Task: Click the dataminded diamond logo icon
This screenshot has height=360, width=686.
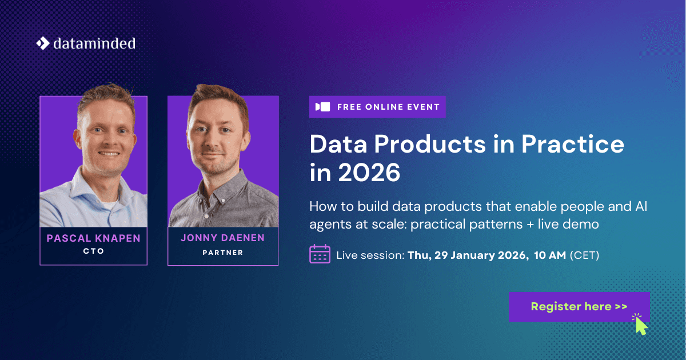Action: (43, 43)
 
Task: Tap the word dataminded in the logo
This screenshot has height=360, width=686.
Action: (94, 43)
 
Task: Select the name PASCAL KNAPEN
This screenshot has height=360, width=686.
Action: (93, 238)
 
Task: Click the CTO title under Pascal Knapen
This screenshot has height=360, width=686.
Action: (93, 251)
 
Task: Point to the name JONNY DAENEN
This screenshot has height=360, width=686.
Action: (222, 238)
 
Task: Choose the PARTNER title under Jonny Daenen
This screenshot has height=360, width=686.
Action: (222, 253)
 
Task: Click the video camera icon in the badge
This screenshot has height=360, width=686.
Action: (323, 107)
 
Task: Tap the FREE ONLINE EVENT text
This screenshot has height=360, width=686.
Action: (388, 107)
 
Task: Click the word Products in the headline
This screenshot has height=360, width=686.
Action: (430, 144)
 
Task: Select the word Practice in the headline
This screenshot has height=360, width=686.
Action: (573, 144)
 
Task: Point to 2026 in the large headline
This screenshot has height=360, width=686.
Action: (369, 173)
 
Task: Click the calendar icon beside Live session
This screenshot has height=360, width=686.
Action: (320, 254)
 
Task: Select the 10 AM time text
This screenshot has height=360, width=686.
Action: (550, 255)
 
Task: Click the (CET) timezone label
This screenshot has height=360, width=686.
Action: (584, 255)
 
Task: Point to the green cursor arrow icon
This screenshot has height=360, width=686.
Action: (641, 326)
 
